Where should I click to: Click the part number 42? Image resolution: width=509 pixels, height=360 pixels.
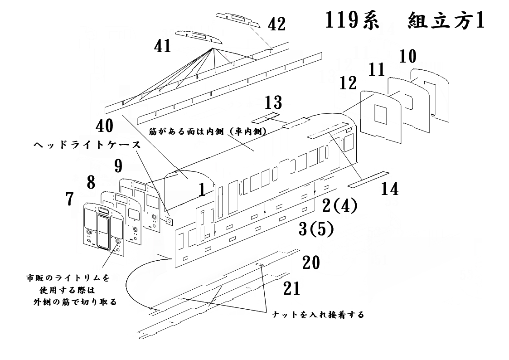click(276, 25)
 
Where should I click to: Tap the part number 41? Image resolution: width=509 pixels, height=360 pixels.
click(162, 46)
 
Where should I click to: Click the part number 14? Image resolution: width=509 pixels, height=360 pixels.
click(389, 189)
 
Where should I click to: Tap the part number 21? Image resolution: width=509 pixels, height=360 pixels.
click(291, 288)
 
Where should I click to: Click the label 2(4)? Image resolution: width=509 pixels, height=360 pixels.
click(339, 206)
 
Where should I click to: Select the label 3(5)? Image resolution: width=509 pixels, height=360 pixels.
click(316, 229)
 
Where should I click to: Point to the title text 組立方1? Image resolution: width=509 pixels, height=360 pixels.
click(446, 22)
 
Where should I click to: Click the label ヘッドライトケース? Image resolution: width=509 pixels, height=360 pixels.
click(86, 146)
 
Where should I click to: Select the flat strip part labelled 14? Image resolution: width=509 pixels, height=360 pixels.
click(368, 179)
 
